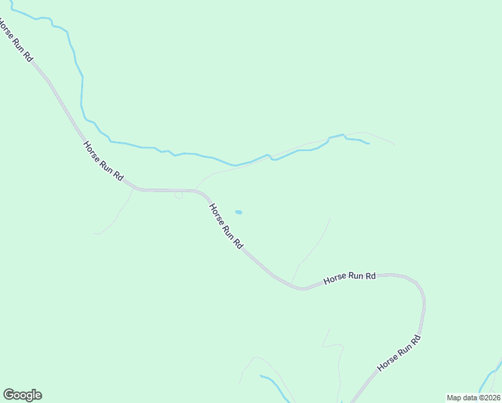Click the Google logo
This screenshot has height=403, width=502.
22,395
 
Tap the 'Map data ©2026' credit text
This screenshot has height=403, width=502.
473,398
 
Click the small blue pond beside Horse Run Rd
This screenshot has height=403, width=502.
238,212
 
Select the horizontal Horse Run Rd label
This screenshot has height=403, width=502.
349,279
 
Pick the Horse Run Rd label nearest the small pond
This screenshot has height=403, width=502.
225,227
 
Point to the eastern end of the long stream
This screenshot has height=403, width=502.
368,143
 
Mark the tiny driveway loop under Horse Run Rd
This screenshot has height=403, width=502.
178,196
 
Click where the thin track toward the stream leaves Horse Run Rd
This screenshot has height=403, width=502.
196,189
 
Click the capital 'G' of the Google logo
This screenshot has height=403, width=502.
9,395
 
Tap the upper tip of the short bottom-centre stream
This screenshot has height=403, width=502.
261,376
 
